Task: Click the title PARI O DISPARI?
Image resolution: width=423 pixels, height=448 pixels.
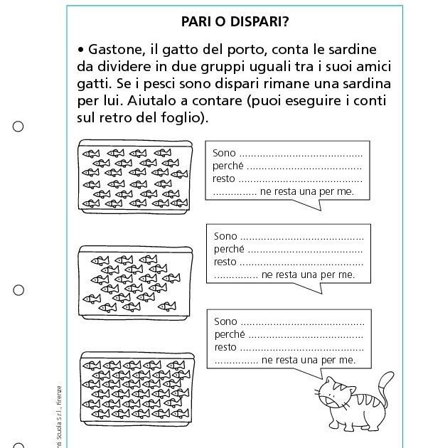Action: tap(234, 21)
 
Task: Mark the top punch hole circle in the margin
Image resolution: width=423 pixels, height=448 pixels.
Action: tap(18, 127)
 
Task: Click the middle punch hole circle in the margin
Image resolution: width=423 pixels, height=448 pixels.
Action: tap(18, 290)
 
